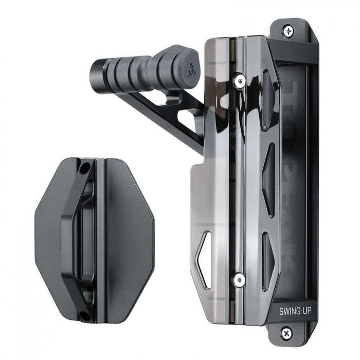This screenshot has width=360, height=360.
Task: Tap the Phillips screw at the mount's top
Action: click(289, 30)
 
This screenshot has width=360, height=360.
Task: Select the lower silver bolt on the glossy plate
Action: click(239, 279)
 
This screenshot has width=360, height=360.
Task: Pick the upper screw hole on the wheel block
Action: click(84, 168)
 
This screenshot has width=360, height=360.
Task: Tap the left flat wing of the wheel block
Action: click(49, 237)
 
